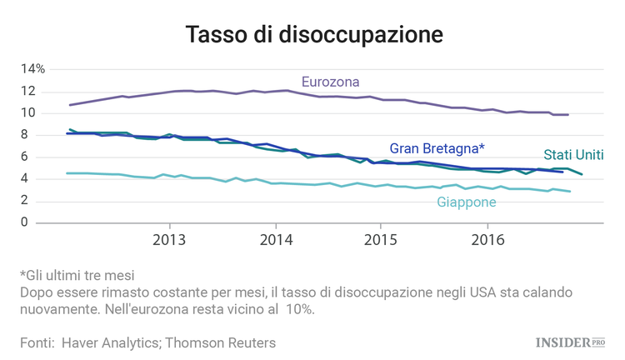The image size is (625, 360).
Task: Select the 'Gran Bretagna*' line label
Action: point(437,147)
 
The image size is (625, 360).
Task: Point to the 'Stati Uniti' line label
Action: point(573,155)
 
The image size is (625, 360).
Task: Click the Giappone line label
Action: point(466,202)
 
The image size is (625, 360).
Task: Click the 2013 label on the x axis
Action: point(170,240)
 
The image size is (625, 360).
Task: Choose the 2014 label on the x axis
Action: point(276,240)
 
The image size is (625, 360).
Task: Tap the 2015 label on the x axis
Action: point(381,240)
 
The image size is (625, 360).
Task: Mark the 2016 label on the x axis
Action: point(486,240)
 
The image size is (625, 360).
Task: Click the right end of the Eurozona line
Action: point(567,114)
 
